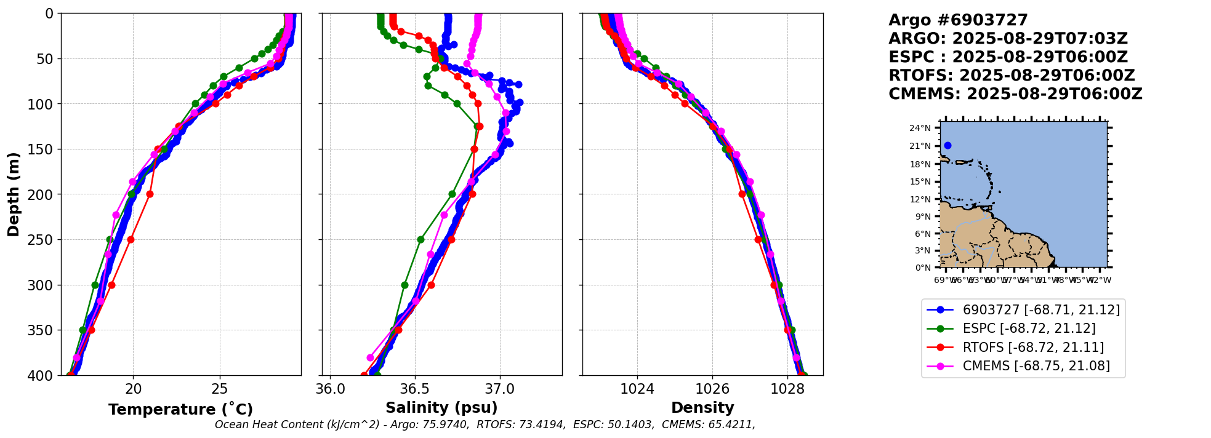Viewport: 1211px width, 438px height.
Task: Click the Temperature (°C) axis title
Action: click(180, 409)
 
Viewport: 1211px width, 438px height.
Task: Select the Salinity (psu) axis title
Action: click(441, 408)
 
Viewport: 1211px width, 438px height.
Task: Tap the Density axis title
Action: click(702, 408)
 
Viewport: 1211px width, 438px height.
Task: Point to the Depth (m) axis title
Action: click(14, 194)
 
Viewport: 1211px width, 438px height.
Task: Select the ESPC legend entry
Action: click(1029, 328)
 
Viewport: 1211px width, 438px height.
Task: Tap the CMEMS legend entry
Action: click(1036, 366)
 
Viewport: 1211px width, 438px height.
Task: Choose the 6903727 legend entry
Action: click(1041, 310)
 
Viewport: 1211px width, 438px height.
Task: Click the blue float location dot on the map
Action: click(947, 146)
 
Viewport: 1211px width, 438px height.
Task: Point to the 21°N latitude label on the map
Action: click(920, 146)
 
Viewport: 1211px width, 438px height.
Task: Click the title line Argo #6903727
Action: click(958, 20)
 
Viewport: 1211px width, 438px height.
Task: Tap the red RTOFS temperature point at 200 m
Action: click(150, 194)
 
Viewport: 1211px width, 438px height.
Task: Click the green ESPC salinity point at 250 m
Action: click(420, 239)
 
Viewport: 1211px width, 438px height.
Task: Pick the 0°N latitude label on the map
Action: click(923, 268)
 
